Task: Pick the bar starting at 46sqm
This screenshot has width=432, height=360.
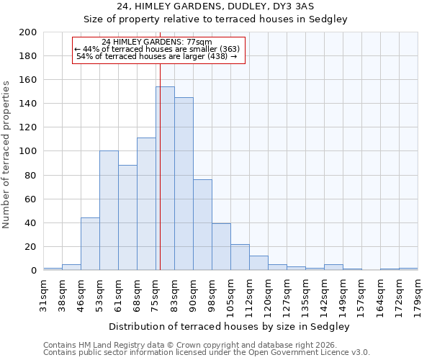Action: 90,244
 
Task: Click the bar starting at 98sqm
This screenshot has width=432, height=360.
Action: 221,247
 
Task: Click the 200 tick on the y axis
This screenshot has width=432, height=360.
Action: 28,32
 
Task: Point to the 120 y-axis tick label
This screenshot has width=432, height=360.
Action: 28,127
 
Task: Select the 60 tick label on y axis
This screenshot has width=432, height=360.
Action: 31,199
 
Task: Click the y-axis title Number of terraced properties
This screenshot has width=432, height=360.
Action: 6,154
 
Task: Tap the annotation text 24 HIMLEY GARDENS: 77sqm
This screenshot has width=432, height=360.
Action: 156,42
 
